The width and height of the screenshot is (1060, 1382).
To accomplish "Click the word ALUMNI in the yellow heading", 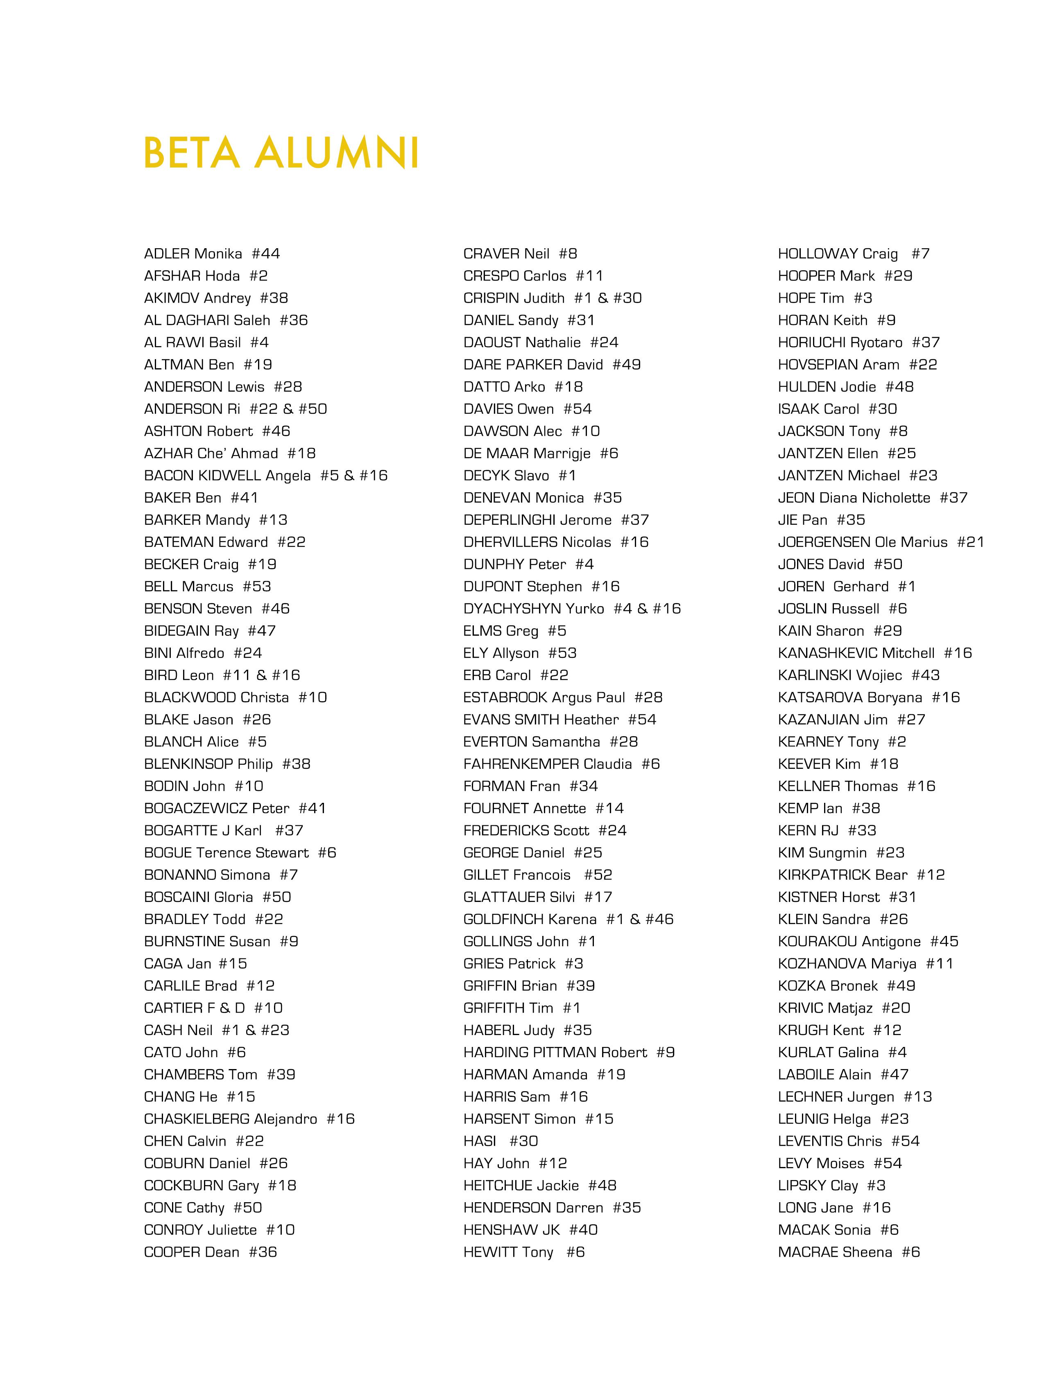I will pos(337,153).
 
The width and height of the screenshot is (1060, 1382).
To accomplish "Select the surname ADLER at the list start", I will pos(167,254).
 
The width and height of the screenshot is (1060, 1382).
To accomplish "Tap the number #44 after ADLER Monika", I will pos(266,254).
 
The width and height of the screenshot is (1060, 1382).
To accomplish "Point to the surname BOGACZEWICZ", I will pos(196,809).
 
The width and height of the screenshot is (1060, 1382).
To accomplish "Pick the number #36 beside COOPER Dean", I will pos(263,1252).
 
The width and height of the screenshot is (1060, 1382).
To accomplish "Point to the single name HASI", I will pos(480,1141).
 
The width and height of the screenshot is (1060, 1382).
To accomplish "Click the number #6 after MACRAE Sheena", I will pos(911,1252).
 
